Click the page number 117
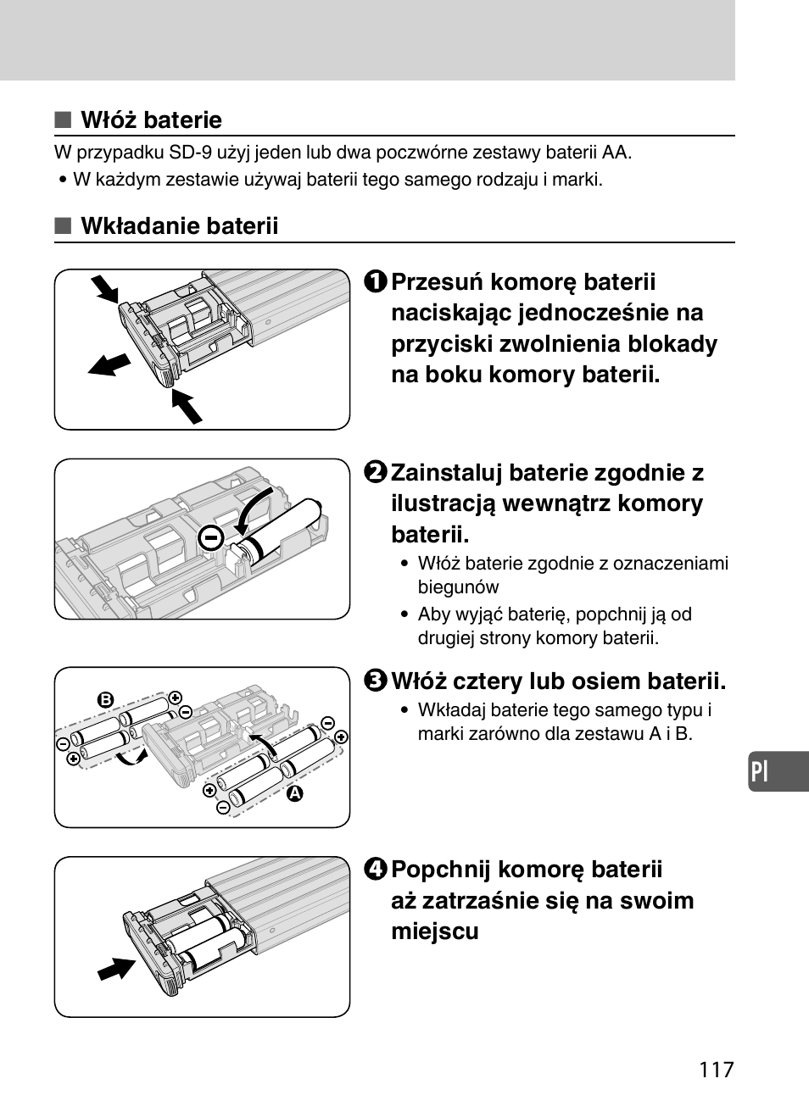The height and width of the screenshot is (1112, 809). click(x=717, y=1070)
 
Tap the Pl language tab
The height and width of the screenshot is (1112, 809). click(x=761, y=772)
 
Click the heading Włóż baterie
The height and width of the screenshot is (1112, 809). click(x=151, y=120)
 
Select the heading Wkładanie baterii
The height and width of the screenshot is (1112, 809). click(x=179, y=226)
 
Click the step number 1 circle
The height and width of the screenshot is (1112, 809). click(x=377, y=282)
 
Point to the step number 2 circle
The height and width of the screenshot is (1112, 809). click(x=377, y=473)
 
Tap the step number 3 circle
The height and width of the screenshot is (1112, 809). click(x=377, y=681)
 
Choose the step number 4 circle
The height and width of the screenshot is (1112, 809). click(x=377, y=870)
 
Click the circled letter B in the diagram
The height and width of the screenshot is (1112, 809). click(x=105, y=700)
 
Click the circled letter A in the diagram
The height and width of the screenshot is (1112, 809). click(x=294, y=794)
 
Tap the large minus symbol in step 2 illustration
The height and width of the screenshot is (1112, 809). click(x=211, y=537)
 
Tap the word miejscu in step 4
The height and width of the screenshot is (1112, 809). click(x=435, y=931)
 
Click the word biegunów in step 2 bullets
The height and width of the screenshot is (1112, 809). click(x=458, y=587)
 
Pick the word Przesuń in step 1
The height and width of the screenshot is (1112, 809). click(x=438, y=282)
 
